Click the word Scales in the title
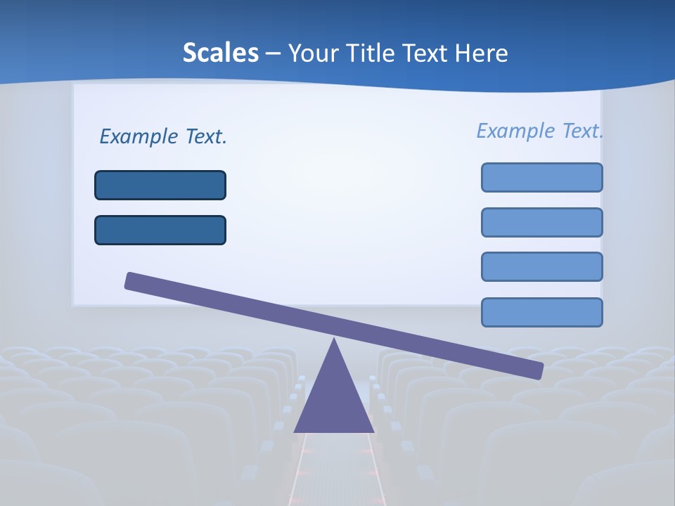(220, 53)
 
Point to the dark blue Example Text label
(163, 136)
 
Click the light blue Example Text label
(539, 131)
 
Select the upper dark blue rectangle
(160, 185)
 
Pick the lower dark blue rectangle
(160, 230)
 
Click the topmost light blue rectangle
(541, 177)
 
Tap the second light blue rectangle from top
(541, 222)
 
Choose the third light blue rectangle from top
(541, 267)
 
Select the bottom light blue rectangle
(541, 312)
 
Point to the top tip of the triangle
(334, 339)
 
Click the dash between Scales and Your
(274, 54)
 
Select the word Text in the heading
(425, 53)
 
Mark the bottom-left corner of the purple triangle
(295, 431)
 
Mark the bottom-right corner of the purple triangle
(373, 431)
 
